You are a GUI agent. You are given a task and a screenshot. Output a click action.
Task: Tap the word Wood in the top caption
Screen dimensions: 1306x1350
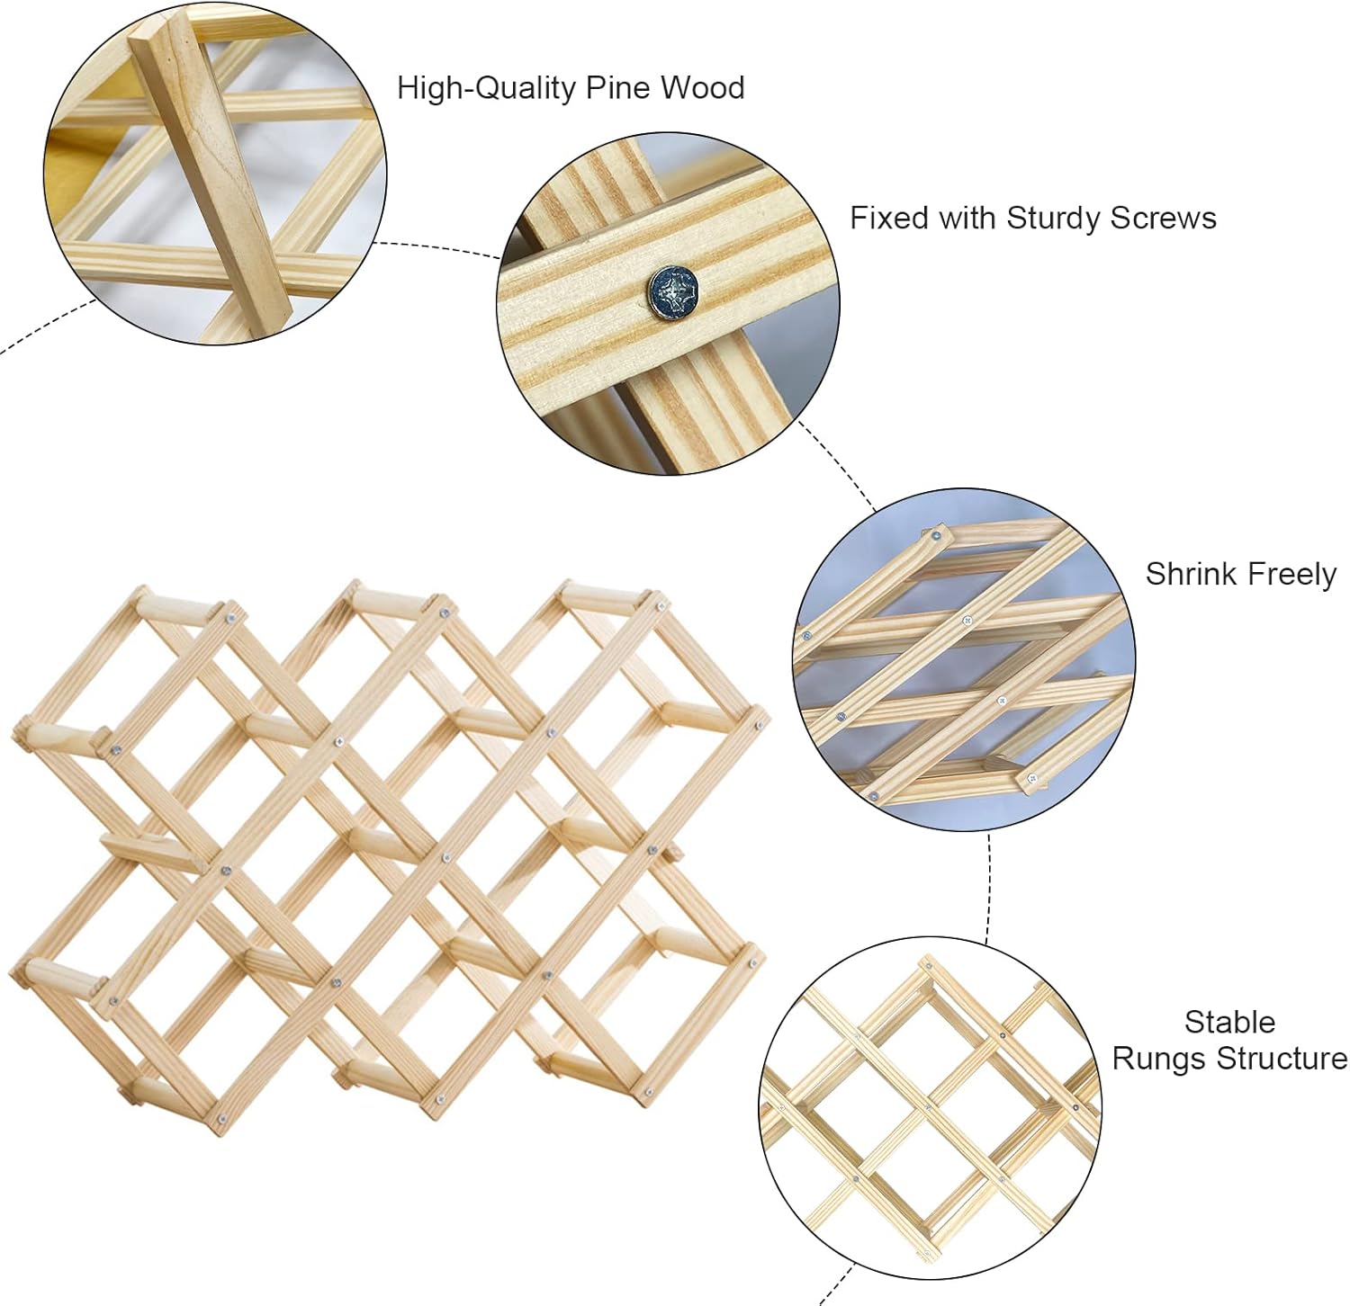703,88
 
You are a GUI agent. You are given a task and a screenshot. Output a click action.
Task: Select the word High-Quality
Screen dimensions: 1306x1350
486,88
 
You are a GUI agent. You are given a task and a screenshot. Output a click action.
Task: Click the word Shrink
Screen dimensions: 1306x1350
1191,574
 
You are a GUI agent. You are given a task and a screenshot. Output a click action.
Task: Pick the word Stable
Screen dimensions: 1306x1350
1229,1022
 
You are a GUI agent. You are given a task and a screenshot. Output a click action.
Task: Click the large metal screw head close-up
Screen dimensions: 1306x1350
673,292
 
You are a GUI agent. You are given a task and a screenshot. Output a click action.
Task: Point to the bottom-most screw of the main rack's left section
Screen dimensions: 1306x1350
221,1118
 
